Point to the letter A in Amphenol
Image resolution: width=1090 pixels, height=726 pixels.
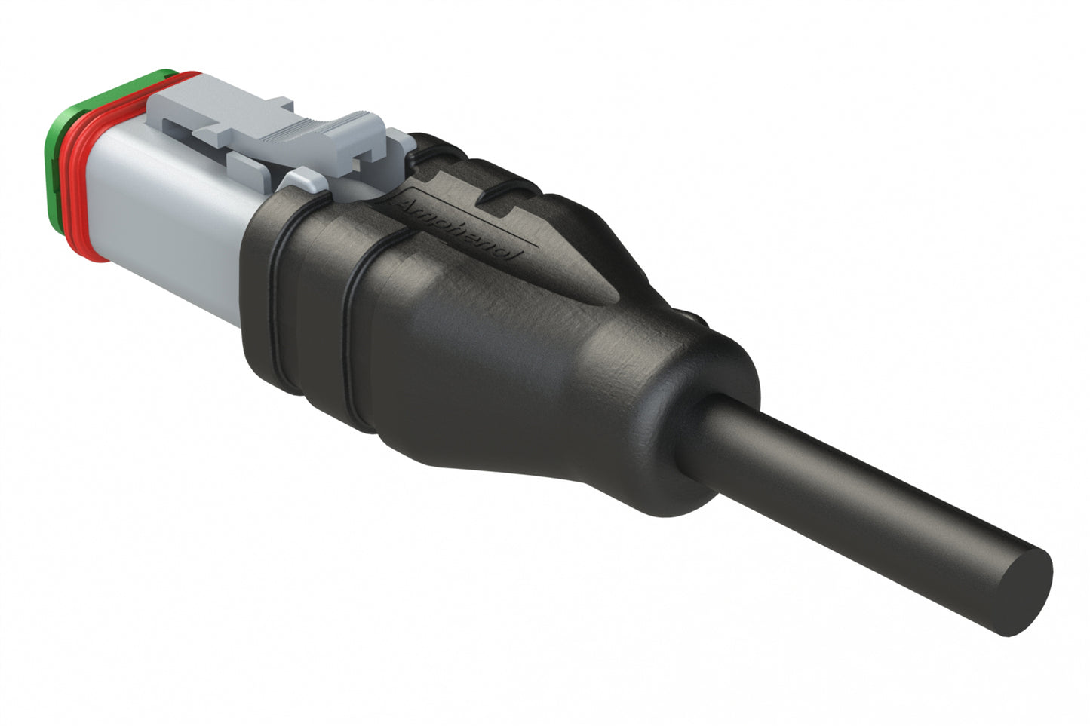[408, 204]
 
